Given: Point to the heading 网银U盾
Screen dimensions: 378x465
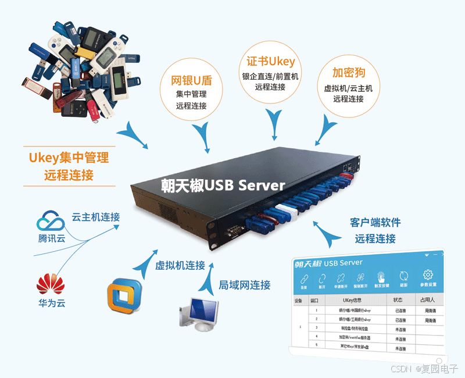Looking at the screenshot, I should (191, 79).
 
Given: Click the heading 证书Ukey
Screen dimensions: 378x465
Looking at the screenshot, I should (270, 61).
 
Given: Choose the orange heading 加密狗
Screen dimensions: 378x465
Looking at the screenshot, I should (348, 73).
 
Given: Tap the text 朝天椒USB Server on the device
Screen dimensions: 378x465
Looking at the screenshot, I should (223, 185).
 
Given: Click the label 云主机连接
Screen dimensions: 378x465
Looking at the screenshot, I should (96, 217).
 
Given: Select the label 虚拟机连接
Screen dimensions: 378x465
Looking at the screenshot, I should (180, 265).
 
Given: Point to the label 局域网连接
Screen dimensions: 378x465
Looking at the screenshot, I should (245, 285).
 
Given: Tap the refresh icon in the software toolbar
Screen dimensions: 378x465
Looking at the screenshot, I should (404, 277).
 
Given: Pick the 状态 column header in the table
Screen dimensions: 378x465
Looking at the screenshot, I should (398, 300).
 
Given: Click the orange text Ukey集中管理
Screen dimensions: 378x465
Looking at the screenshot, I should (69, 157).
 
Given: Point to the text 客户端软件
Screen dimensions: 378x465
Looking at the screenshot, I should (375, 223).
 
